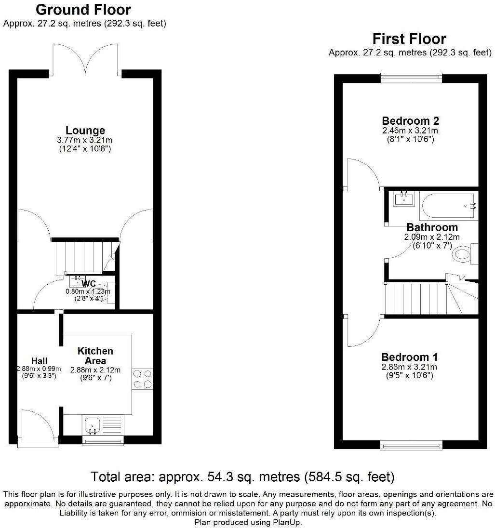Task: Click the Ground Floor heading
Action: pos(83,10)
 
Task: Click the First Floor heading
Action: pos(409,39)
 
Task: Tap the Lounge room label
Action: pos(85,131)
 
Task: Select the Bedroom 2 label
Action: pos(410,121)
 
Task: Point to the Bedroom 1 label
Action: pos(409,357)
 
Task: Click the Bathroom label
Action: pos(432,227)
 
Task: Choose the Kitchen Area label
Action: pos(95,356)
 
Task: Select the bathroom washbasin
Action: pos(404,198)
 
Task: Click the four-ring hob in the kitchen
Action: pos(142,378)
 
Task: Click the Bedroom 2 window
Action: pos(411,78)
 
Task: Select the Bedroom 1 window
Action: pos(411,445)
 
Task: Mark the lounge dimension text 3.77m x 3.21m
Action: pos(85,140)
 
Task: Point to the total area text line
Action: pos(243,477)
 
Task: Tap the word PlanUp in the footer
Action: pos(289,522)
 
